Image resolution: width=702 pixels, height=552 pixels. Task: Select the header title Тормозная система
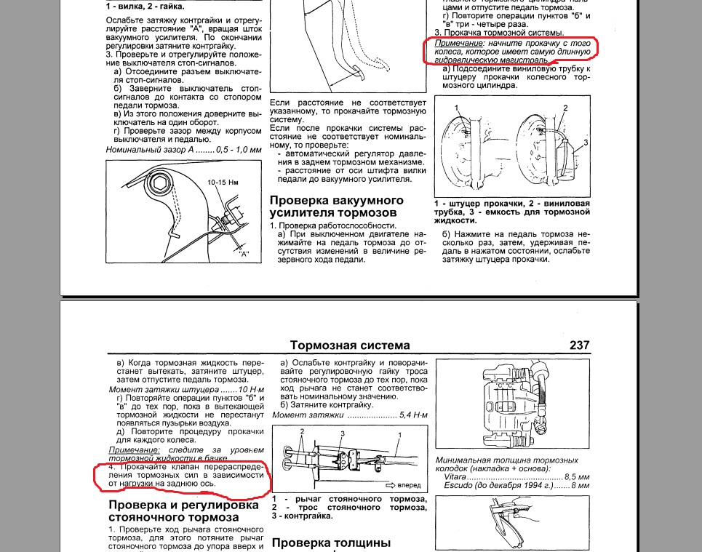pos(349,345)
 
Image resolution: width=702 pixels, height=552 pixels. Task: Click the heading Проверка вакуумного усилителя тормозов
pos(336,206)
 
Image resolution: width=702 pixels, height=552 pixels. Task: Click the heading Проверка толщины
pos(331,543)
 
